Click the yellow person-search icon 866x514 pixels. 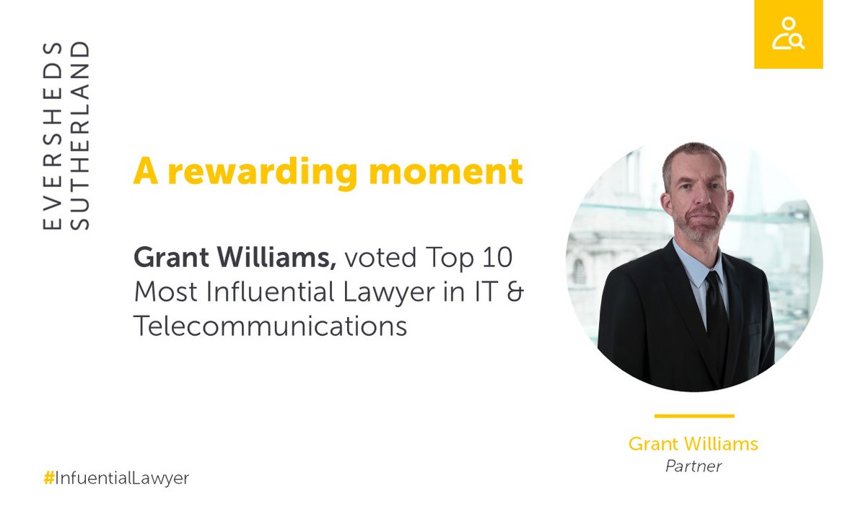tap(788, 34)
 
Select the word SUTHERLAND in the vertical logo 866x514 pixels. tap(82, 136)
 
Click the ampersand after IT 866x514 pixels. tap(515, 292)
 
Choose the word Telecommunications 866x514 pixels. tap(270, 326)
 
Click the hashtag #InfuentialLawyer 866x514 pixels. tap(116, 478)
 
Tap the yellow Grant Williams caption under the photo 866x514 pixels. tap(693, 443)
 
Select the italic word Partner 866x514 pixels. tap(693, 466)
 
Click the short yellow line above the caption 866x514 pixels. tap(694, 416)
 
